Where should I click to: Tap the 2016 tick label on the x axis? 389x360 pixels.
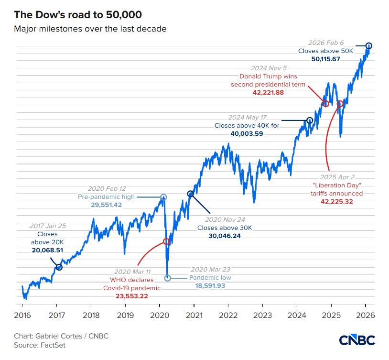[x=22, y=316]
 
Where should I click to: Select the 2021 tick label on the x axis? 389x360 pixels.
[x=194, y=316]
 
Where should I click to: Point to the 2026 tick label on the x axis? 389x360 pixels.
[x=365, y=316]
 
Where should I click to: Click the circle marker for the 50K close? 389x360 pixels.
[x=368, y=45]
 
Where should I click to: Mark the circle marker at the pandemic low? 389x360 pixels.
[x=167, y=278]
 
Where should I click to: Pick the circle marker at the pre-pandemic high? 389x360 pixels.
[x=163, y=196]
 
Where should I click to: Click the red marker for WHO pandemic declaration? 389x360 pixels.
[x=166, y=241]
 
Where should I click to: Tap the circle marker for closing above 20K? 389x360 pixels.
[x=59, y=267]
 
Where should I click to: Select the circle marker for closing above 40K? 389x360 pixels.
[x=309, y=120]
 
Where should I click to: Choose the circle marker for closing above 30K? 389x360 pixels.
[x=191, y=194]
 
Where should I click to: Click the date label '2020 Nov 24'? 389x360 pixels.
[x=225, y=219]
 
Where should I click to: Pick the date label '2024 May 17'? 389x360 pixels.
[x=247, y=118]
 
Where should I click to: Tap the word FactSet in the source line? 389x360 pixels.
[x=54, y=345]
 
